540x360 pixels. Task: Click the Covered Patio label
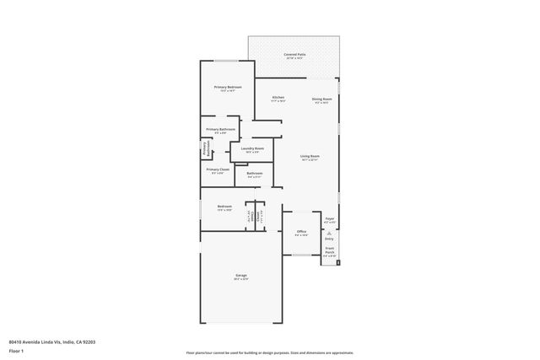(x=294, y=53)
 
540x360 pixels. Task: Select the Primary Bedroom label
(x=228, y=88)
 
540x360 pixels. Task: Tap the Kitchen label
(x=278, y=97)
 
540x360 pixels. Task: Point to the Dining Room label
(x=321, y=98)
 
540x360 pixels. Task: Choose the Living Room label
(x=310, y=156)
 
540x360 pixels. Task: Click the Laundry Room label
(x=253, y=148)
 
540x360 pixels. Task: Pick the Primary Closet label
(x=217, y=169)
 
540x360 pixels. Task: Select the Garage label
(x=241, y=275)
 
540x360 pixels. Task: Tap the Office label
(x=301, y=231)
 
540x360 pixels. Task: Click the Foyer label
(x=330, y=218)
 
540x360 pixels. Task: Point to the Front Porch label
(x=330, y=250)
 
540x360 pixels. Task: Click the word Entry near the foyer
(x=329, y=239)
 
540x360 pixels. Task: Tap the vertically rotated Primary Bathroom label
(x=204, y=148)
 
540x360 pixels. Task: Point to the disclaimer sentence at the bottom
(x=269, y=353)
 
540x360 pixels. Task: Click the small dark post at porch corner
(x=338, y=262)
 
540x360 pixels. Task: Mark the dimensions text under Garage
(x=241, y=279)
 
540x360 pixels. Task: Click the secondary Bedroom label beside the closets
(x=224, y=207)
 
